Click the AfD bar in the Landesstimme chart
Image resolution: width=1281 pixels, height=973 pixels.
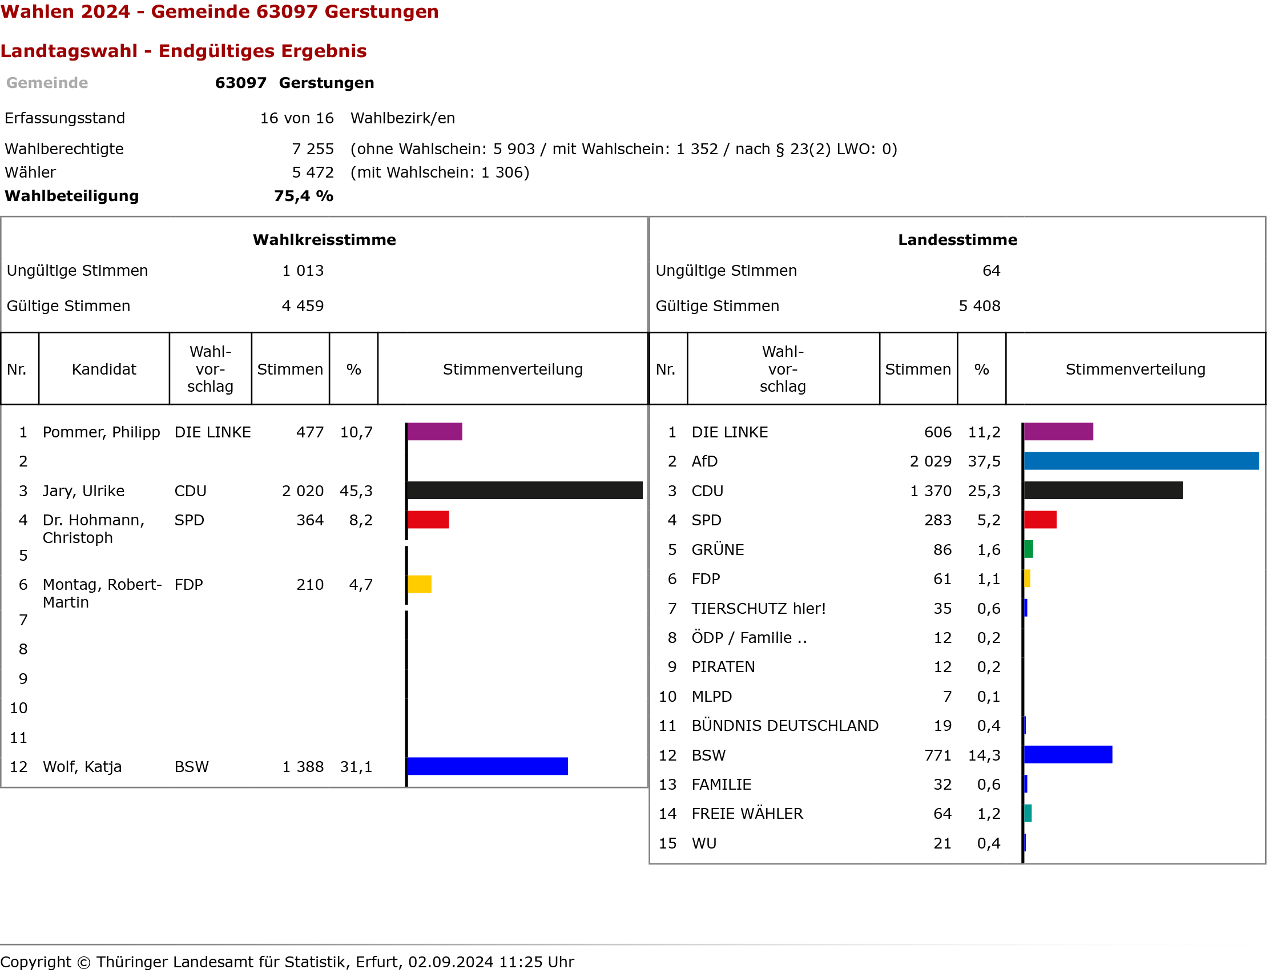(1141, 461)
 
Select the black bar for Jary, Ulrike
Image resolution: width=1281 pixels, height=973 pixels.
(525, 490)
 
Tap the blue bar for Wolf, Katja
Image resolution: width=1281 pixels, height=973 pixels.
(488, 766)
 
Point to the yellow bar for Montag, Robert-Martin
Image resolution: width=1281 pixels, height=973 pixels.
(419, 584)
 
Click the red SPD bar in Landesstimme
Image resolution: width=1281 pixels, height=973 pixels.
(1040, 520)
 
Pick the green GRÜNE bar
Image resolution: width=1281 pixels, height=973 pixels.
(1029, 549)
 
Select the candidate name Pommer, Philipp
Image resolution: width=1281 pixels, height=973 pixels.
(102, 432)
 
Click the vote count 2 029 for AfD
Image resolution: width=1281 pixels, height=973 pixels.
(930, 461)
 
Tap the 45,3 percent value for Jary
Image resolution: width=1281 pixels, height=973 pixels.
(356, 491)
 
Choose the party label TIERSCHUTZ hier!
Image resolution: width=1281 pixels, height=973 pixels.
(758, 609)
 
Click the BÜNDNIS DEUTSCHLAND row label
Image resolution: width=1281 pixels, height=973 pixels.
(785, 726)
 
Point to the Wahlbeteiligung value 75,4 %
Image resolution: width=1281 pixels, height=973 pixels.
(304, 196)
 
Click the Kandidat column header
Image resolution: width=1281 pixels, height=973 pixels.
(104, 369)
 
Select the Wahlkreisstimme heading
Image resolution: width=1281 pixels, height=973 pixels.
(324, 240)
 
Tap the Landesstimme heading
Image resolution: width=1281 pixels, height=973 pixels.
(957, 240)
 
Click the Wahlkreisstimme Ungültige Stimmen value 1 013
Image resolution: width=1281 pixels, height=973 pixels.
(303, 271)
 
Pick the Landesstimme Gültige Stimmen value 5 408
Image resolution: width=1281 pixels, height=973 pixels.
(979, 307)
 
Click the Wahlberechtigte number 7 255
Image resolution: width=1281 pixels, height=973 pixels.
(313, 150)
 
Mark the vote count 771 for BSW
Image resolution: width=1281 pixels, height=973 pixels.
(937, 755)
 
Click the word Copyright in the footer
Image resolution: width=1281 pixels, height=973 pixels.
(36, 962)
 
